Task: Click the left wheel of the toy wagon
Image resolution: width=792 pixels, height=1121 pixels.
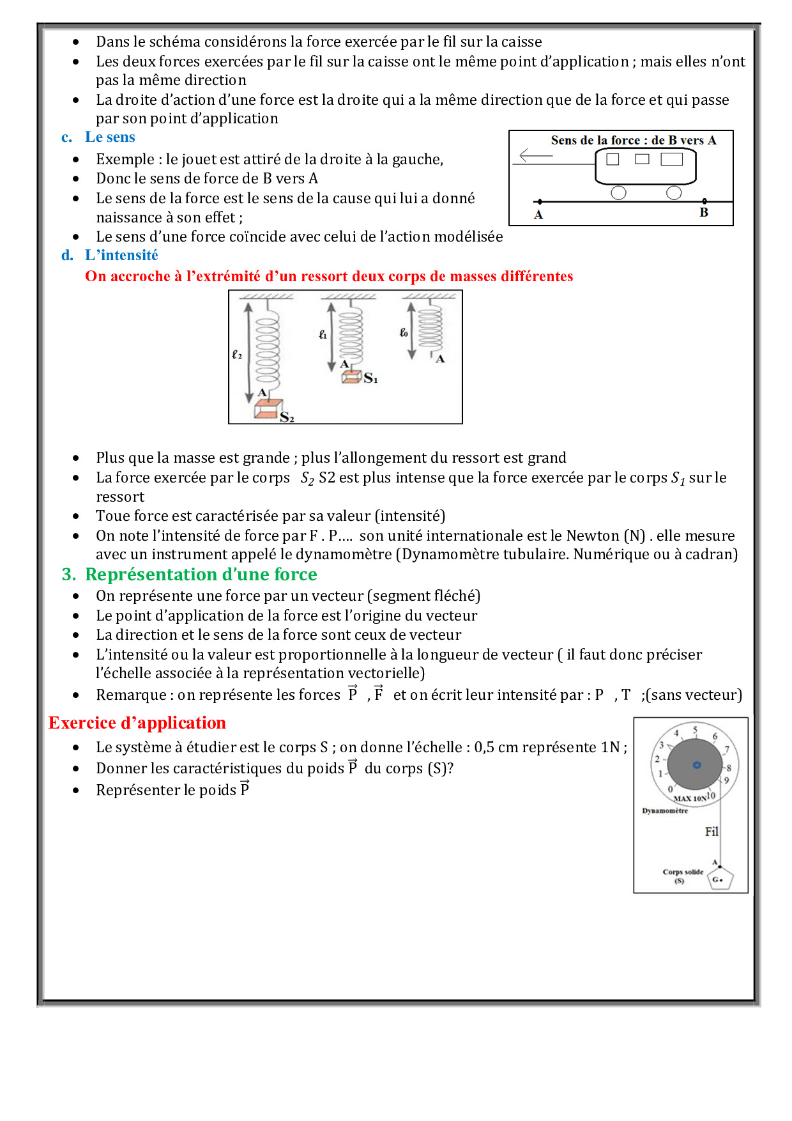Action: point(618,193)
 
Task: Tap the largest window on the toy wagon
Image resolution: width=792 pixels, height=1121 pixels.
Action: point(671,159)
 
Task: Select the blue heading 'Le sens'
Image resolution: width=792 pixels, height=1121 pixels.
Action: point(110,137)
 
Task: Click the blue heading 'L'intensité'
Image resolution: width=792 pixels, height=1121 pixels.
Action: point(121,256)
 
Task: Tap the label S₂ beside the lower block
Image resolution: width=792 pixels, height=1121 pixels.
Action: point(287,417)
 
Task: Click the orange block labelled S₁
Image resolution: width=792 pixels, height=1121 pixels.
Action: point(351,377)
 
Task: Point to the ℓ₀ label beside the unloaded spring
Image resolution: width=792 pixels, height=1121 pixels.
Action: point(404,332)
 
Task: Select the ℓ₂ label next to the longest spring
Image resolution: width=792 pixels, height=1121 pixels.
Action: point(237,354)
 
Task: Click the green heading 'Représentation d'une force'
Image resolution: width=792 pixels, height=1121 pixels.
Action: point(201,575)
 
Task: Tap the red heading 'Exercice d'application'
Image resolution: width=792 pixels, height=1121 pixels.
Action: point(137,723)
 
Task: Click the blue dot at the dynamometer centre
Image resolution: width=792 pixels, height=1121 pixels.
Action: point(697,765)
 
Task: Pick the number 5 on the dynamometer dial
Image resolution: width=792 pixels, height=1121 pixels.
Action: point(695,730)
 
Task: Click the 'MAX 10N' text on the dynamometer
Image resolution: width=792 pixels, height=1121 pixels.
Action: point(690,798)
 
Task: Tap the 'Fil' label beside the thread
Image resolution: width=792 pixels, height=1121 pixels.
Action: point(712,831)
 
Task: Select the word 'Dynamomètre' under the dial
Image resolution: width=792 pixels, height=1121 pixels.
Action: point(665,811)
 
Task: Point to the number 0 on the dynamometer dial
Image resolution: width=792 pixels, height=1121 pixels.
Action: point(670,789)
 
